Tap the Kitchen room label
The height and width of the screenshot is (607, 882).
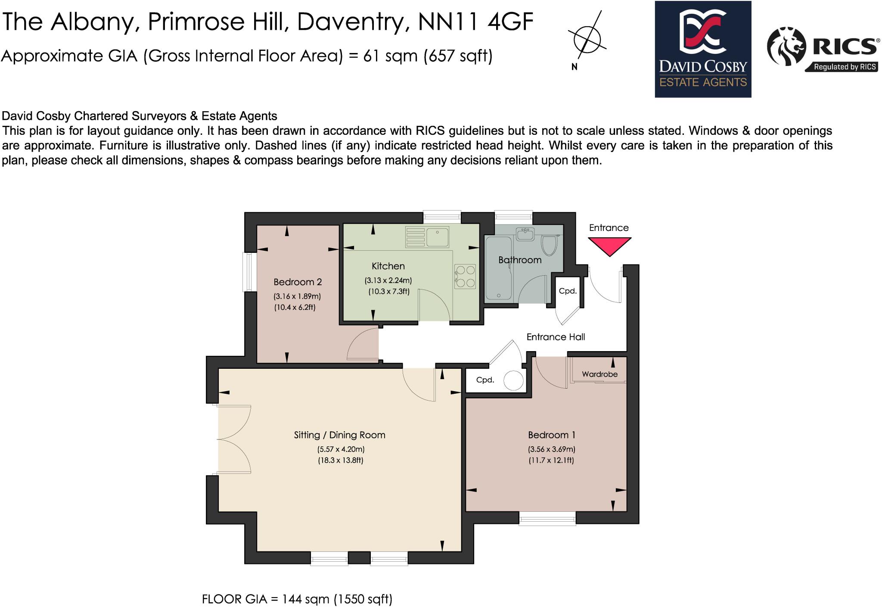tap(388, 266)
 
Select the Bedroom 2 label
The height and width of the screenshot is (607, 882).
tap(298, 282)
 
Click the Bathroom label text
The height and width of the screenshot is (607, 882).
tap(520, 260)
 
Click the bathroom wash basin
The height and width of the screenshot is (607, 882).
tap(525, 234)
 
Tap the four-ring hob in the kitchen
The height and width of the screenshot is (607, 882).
tap(465, 277)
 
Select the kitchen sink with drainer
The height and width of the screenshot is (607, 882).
tap(428, 237)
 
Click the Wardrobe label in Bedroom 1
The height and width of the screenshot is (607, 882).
tap(599, 374)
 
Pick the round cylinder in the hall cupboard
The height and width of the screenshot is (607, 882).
tap(513, 381)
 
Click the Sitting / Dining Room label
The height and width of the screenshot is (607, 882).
tap(339, 435)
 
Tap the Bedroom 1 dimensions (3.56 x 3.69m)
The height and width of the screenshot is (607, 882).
tap(552, 449)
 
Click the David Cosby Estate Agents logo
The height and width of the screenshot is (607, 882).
tap(703, 49)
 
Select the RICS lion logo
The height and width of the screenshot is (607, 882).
tap(786, 47)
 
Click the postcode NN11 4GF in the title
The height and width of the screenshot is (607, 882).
tap(475, 22)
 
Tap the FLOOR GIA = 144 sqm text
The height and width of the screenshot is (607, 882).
tap(297, 599)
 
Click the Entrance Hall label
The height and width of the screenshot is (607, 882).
tap(556, 337)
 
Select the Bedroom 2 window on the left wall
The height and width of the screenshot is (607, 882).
tap(249, 272)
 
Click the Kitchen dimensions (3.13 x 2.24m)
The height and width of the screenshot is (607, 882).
tap(388, 280)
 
